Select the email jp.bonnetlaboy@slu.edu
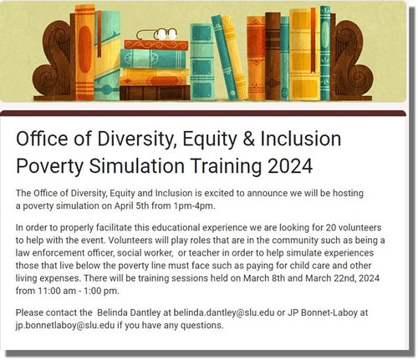pyautogui.click(x=66, y=326)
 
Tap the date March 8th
pyautogui.click(x=271, y=279)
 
